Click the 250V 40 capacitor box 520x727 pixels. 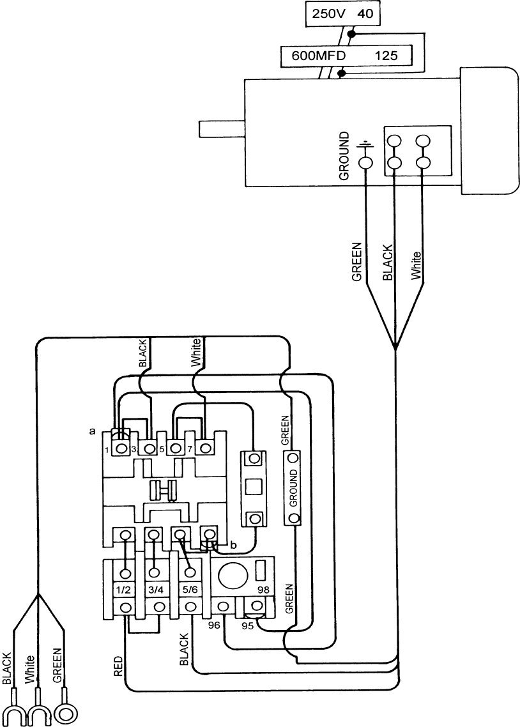pyautogui.click(x=342, y=13)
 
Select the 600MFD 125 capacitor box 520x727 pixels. pyautogui.click(x=345, y=56)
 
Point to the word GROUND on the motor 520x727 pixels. pyautogui.click(x=344, y=156)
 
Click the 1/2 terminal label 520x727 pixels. pyautogui.click(x=125, y=588)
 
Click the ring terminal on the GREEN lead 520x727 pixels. pyautogui.click(x=65, y=714)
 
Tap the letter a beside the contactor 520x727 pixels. pyautogui.click(x=93, y=432)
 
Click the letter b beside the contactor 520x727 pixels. pyautogui.click(x=233, y=545)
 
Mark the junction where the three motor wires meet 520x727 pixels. pyautogui.click(x=395, y=349)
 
